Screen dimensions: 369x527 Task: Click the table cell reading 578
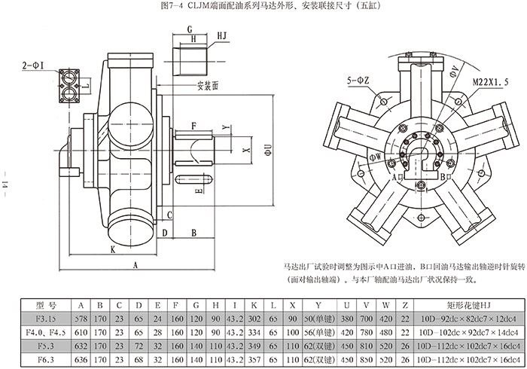coord(81,318)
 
